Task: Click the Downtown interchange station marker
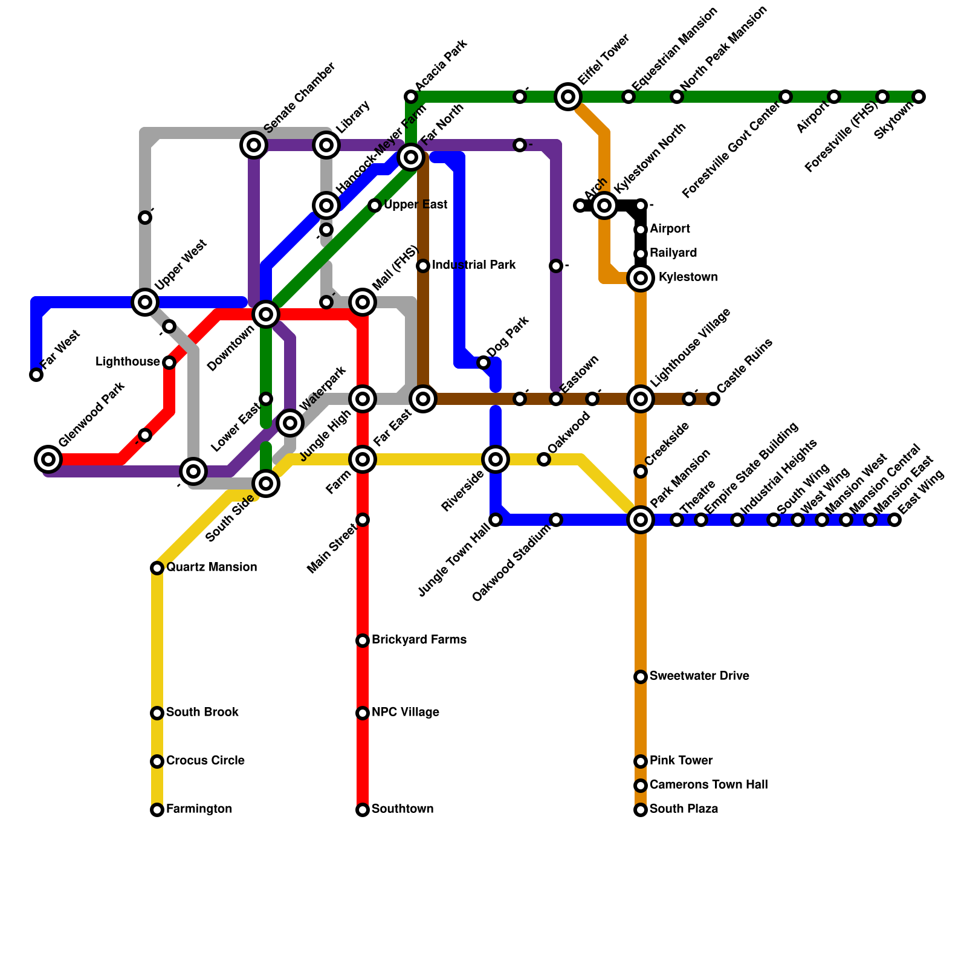click(x=266, y=314)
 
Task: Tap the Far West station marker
click(x=36, y=375)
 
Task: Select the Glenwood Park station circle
click(x=48, y=459)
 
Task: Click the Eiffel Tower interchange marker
click(x=568, y=97)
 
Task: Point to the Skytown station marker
click(x=919, y=97)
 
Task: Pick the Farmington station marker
click(x=157, y=810)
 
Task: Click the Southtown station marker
click(x=363, y=810)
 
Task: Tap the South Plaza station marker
click(x=641, y=810)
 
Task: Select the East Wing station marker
click(x=894, y=520)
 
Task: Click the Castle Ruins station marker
click(x=713, y=399)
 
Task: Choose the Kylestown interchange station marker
click(x=641, y=278)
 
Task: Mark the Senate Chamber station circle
click(x=254, y=145)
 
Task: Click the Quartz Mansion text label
click(x=212, y=568)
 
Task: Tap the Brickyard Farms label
click(x=419, y=640)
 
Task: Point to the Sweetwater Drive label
click(x=699, y=676)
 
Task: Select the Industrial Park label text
click(x=474, y=265)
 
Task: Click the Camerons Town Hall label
click(x=708, y=785)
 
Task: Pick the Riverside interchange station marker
click(x=496, y=459)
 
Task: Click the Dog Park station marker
click(x=483, y=363)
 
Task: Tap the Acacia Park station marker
click(x=411, y=97)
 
